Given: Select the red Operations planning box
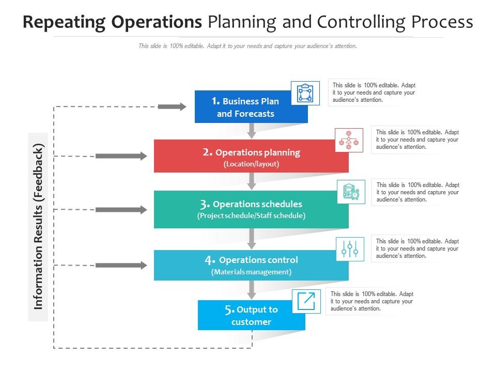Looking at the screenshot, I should tap(251, 157).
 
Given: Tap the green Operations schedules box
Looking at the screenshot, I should tap(251, 209).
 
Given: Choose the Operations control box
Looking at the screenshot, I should tap(251, 265).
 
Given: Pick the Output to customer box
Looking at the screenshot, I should tap(251, 316).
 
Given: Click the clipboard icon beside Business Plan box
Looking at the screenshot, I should tap(305, 94).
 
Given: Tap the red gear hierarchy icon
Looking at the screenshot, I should tap(349, 139).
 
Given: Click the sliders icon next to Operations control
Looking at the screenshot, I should tap(350, 249).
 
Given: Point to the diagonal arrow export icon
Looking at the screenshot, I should tap(305, 301).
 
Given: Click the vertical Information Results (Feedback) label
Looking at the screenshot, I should tap(38, 226).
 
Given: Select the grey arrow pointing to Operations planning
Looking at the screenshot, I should tap(121, 156).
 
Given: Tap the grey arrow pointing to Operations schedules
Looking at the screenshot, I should tap(121, 209).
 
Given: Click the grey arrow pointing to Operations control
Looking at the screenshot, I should tap(121, 265).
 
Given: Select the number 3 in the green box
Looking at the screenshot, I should tap(205, 204).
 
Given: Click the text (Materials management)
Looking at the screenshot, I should tap(251, 272).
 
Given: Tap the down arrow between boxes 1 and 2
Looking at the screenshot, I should tap(252, 131).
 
